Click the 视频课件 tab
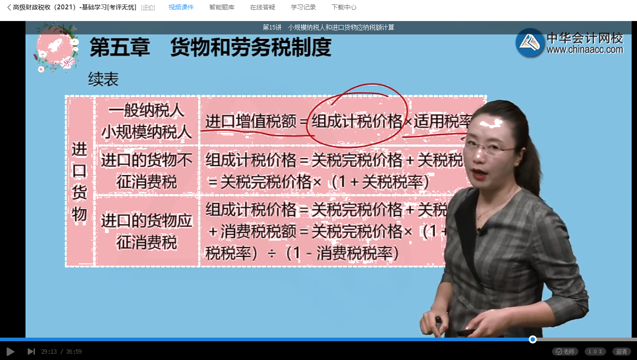click(x=181, y=8)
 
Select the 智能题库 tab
click(x=221, y=8)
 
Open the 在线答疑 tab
click(x=263, y=8)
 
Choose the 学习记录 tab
click(x=303, y=8)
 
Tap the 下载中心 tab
click(x=344, y=8)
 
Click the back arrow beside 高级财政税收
click(x=9, y=8)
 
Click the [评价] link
click(x=148, y=8)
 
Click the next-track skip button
click(x=31, y=352)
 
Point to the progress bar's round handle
click(x=532, y=339)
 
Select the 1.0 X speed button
click(x=595, y=352)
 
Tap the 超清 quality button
click(x=621, y=352)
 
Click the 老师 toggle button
click(x=565, y=352)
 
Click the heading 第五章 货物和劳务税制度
click(x=210, y=47)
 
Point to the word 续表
click(x=103, y=80)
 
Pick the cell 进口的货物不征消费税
click(x=147, y=171)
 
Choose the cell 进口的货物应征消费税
click(x=147, y=232)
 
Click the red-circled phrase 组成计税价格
click(x=357, y=121)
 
